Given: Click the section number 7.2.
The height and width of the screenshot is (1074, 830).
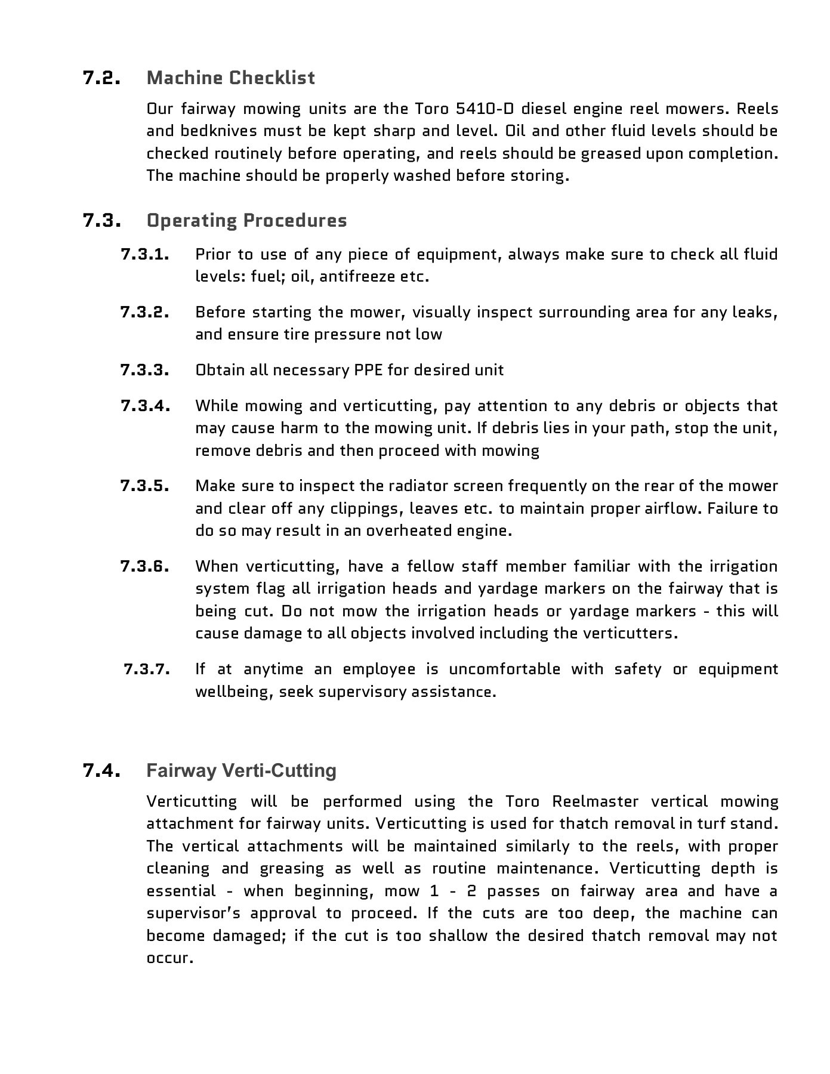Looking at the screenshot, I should click(102, 78).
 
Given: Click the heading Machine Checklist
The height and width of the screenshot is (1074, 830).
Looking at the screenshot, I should click(230, 78).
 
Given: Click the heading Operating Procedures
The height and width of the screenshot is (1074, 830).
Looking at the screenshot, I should click(246, 220).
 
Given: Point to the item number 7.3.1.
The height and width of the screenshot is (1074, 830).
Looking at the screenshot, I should click(145, 254).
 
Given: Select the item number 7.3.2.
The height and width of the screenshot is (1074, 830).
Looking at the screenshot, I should click(145, 312).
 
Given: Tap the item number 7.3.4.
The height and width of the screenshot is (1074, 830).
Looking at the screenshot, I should click(145, 406).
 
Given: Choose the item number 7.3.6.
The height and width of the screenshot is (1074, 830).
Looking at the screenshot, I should click(145, 566).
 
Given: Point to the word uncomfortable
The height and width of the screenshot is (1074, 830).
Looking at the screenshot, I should click(504, 669).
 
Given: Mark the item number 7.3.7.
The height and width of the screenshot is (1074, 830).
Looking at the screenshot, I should click(147, 669).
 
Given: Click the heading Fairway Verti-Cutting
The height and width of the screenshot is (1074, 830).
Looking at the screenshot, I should click(241, 770).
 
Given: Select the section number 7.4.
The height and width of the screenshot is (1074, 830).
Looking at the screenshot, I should click(102, 770).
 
